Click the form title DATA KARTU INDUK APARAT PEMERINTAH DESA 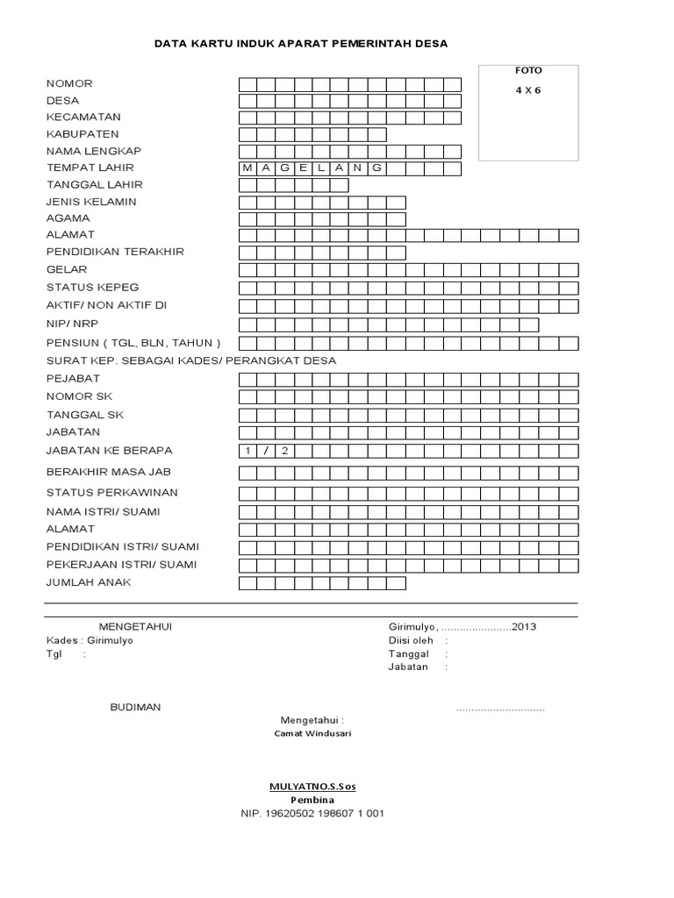click(x=300, y=42)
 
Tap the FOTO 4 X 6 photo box click(x=527, y=112)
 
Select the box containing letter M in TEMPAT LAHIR click(x=247, y=167)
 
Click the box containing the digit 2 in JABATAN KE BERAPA click(x=283, y=451)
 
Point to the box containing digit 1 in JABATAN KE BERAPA click(x=247, y=451)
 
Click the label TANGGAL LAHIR click(x=94, y=185)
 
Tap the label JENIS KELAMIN click(x=91, y=202)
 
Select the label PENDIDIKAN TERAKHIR click(x=115, y=252)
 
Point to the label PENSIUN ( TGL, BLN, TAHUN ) click(x=133, y=343)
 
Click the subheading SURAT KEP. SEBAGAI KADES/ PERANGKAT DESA click(x=190, y=360)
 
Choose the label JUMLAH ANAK click(x=89, y=582)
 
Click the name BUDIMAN click(x=135, y=708)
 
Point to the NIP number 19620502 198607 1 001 click(x=312, y=813)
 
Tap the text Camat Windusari click(x=312, y=733)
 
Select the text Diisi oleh click(x=411, y=640)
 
